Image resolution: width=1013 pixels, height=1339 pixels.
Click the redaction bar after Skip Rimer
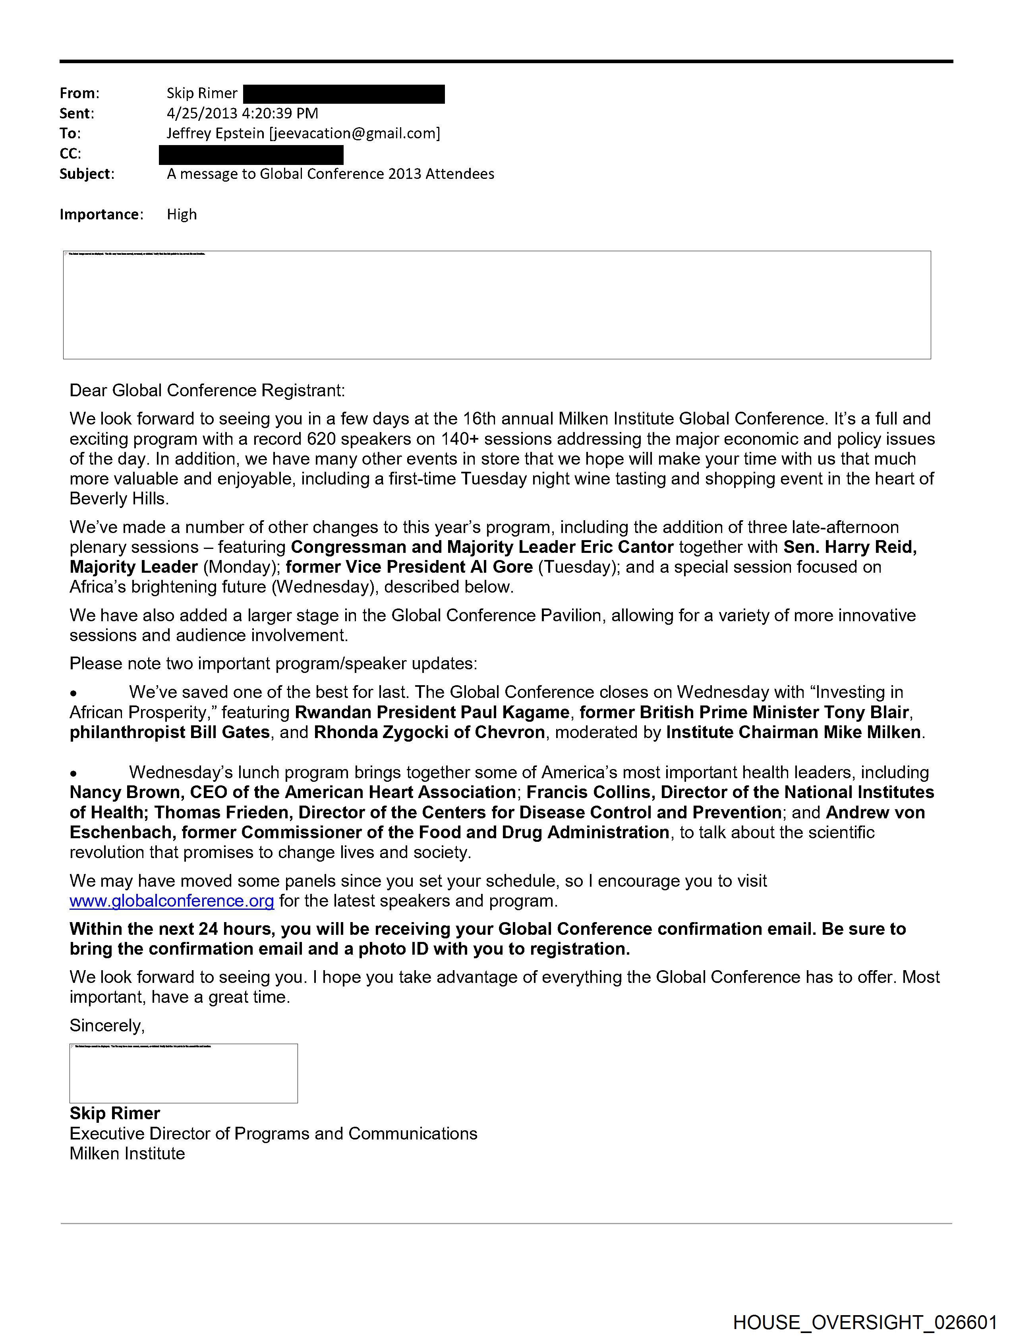(x=344, y=94)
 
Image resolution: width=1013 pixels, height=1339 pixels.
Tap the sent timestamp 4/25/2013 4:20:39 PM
(x=242, y=113)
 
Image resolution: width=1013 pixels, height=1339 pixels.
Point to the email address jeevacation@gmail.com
(x=355, y=133)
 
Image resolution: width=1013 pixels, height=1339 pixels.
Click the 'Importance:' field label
(x=101, y=214)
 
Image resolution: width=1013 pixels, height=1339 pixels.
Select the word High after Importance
(x=182, y=214)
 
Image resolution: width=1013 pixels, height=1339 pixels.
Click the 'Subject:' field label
(x=87, y=174)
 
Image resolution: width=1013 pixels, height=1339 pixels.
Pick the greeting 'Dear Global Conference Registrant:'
(x=207, y=390)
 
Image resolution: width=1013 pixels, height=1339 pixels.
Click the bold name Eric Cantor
(x=627, y=547)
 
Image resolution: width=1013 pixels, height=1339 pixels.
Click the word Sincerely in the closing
(x=106, y=1025)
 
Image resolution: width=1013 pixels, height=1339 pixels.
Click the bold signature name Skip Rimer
(x=114, y=1113)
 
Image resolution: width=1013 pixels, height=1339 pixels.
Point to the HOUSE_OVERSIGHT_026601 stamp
(x=865, y=1322)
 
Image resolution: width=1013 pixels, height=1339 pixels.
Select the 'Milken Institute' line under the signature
(x=127, y=1153)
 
